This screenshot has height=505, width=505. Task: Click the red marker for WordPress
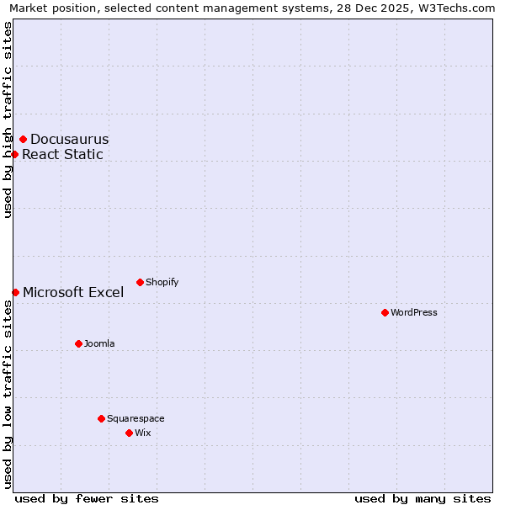(x=385, y=312)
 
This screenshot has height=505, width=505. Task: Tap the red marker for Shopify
(x=140, y=282)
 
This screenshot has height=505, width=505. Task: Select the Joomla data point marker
(x=78, y=343)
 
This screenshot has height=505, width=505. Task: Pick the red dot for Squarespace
(x=101, y=418)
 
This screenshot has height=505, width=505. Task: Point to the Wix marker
(x=129, y=433)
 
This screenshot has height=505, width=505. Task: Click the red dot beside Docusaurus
(x=23, y=139)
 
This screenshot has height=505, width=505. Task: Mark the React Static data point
(x=14, y=154)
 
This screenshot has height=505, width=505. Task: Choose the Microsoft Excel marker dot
(x=15, y=292)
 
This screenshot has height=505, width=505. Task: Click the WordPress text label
(x=414, y=312)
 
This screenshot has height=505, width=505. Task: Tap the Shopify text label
(x=162, y=282)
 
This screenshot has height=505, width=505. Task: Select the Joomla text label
(x=99, y=343)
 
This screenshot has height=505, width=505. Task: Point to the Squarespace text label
(x=136, y=418)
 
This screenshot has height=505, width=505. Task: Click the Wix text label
(x=143, y=433)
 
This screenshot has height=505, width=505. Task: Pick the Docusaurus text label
(x=70, y=139)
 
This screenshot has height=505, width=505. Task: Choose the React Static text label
(x=62, y=154)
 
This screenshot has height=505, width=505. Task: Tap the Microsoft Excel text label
(x=73, y=292)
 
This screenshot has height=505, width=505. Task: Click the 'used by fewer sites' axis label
(x=87, y=498)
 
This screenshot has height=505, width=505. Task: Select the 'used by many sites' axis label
(x=423, y=498)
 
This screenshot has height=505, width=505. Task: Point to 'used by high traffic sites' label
(x=8, y=120)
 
